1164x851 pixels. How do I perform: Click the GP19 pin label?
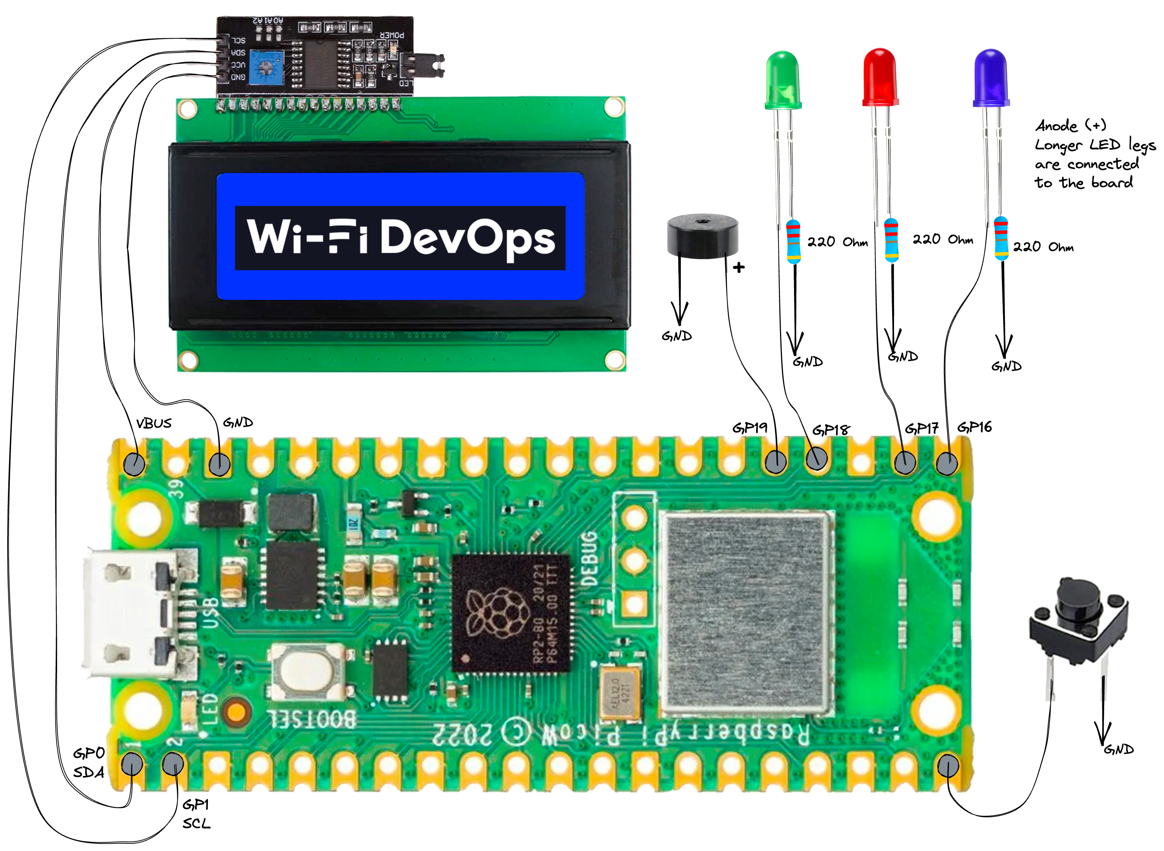[750, 427]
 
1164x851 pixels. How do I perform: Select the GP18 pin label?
[831, 430]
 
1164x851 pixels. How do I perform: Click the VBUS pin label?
[153, 424]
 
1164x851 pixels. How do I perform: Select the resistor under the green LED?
[793, 241]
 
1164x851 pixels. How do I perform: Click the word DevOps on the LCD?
[467, 238]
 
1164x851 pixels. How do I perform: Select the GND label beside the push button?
[1118, 749]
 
